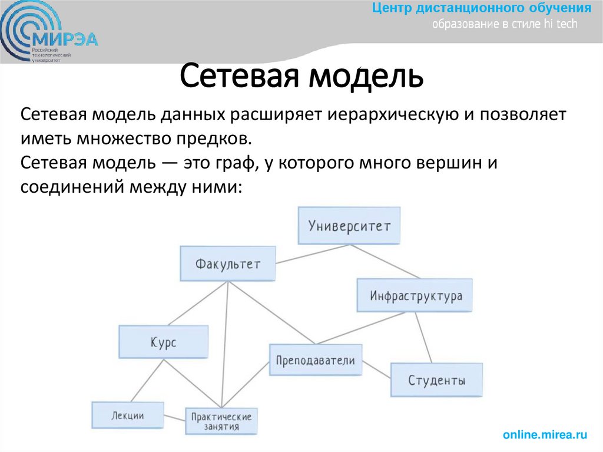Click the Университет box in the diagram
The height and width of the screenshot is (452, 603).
349,226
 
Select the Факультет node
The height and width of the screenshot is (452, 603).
228,263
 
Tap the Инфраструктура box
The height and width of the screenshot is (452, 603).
415,296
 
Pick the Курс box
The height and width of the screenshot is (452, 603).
163,342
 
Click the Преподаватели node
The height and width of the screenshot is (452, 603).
316,360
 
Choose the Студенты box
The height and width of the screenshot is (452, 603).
436,380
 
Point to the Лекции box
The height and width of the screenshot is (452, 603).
127,415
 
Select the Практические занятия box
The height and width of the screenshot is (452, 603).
221,421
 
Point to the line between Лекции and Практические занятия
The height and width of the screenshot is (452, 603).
174,418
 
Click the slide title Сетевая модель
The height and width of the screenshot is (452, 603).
300,79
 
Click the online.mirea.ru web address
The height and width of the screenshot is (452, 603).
545,435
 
